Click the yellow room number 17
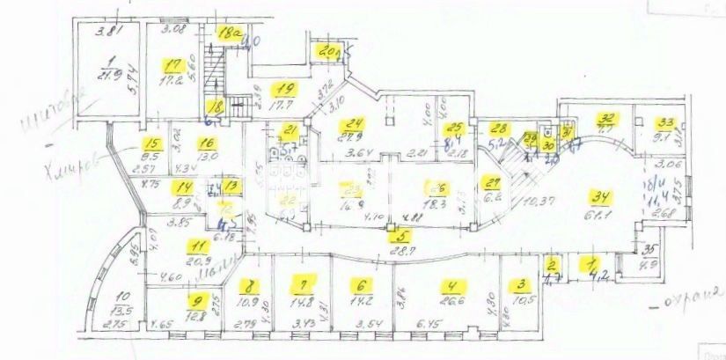[173, 64]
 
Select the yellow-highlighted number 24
[355, 124]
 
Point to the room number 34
[603, 197]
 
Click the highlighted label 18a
[231, 34]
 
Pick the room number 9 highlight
[194, 300]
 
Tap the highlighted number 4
[452, 285]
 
